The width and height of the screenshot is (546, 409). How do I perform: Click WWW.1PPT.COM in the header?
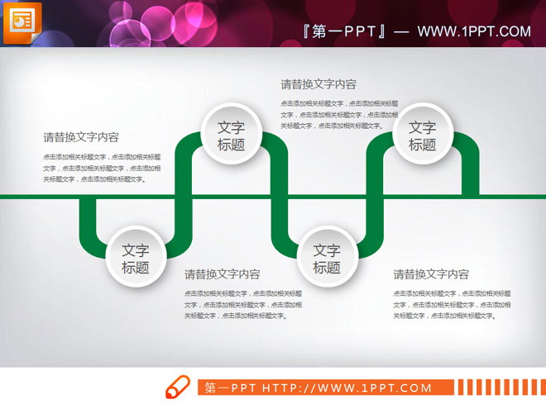(x=473, y=32)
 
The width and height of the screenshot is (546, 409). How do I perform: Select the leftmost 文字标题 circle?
(x=136, y=259)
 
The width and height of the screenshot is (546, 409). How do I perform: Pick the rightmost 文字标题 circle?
(x=422, y=136)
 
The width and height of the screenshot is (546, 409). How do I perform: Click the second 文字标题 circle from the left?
(x=231, y=136)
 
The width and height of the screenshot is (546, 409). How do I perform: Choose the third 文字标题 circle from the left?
(x=327, y=259)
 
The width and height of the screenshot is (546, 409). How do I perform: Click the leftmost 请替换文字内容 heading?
(x=81, y=138)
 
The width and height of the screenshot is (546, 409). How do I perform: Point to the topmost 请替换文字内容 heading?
(x=318, y=84)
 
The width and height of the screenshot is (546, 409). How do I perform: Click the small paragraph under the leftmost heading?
(x=103, y=168)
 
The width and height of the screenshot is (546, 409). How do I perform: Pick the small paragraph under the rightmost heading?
(x=452, y=304)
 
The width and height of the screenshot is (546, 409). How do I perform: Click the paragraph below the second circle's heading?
(x=243, y=304)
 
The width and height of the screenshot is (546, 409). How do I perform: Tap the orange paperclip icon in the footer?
(x=177, y=387)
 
